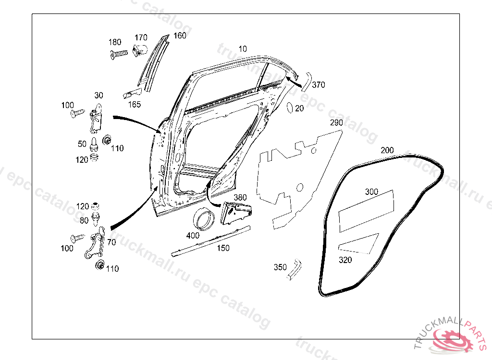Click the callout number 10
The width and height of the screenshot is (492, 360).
243,48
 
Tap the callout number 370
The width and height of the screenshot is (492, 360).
319,85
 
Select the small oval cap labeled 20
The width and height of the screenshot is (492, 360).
289,108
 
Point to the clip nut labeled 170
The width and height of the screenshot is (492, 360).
139,49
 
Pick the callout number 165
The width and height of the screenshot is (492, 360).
135,104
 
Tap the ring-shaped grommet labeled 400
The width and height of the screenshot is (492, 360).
204,219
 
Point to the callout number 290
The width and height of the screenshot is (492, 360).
336,123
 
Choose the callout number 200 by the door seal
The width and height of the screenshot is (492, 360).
387,150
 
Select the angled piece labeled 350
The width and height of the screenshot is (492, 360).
294,268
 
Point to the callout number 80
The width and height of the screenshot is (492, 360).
84,221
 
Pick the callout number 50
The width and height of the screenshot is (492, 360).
82,144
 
